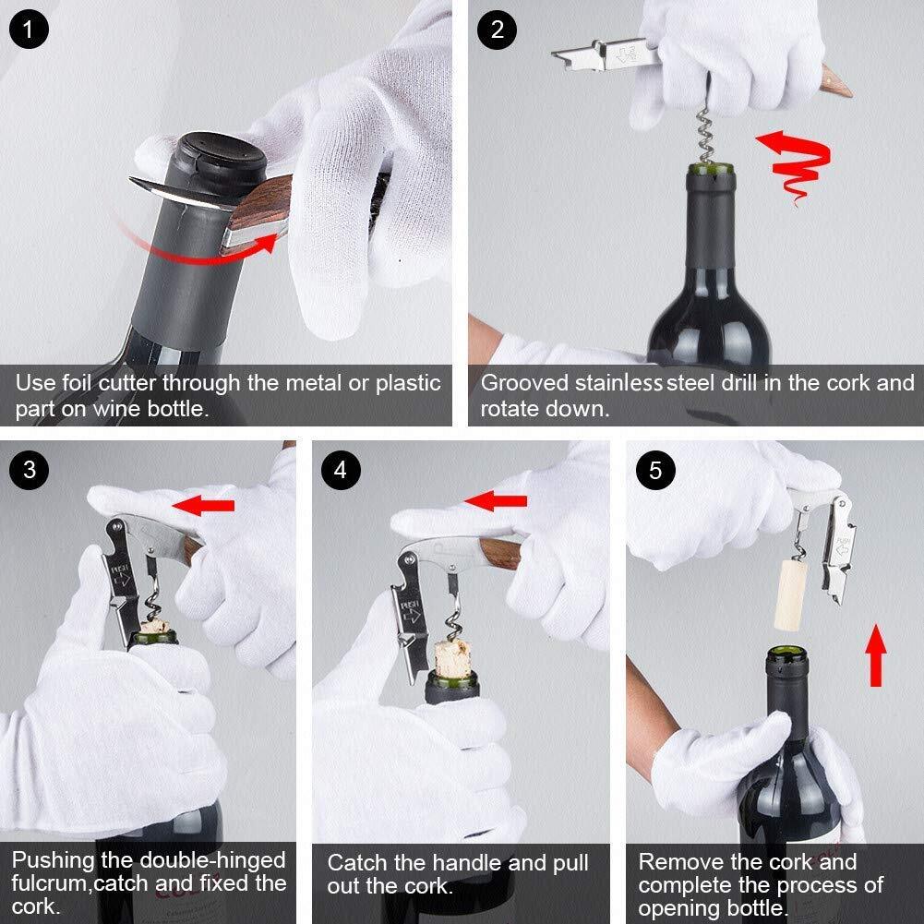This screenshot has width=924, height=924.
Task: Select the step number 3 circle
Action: pos(30,470)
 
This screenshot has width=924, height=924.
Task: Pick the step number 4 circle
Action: pos(341,470)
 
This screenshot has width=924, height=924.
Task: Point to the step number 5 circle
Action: pos(655,471)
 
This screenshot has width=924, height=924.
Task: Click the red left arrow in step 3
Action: pos(204,504)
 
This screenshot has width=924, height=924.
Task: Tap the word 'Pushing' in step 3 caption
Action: pos(54,860)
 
